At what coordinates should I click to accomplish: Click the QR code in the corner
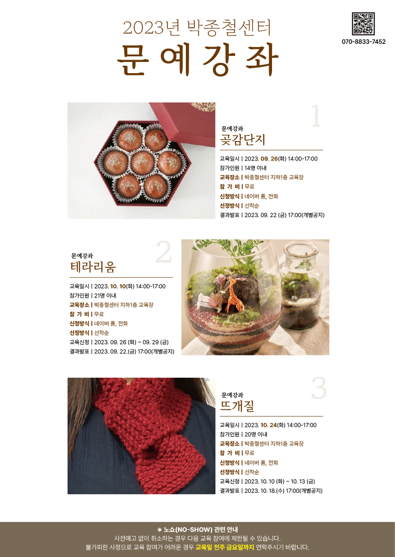tap(363, 24)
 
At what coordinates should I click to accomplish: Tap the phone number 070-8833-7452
tap(364, 41)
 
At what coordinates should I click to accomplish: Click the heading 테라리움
tap(93, 267)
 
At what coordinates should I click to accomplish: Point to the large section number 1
tap(316, 116)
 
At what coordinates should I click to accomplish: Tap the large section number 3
tap(319, 389)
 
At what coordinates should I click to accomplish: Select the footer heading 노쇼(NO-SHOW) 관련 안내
tap(200, 530)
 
